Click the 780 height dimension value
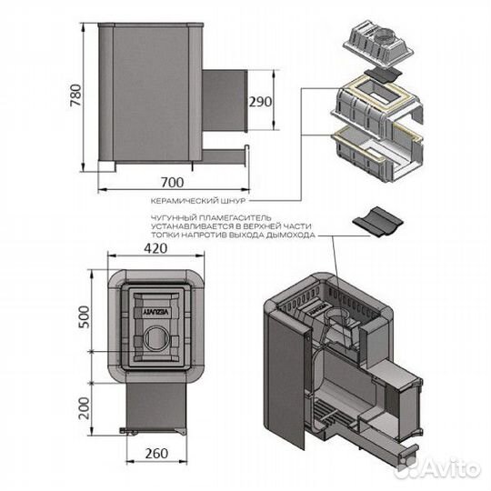tap(76, 95)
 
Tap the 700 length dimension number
tap(172, 182)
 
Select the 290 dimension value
tap(260, 102)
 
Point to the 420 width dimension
tap(155, 248)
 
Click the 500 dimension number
tap(84, 317)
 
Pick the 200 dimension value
tap(84, 408)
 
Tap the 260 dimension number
tap(156, 453)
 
